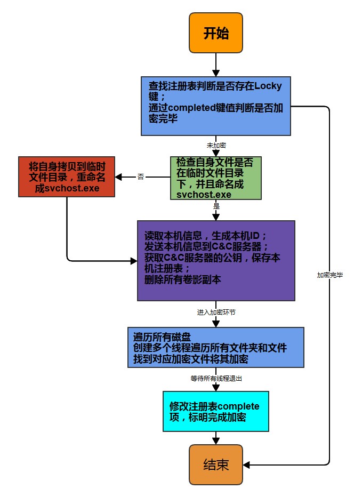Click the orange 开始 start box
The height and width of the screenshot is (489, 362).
216,33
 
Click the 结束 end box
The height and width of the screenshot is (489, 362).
216,464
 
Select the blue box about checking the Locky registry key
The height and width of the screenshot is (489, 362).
216,105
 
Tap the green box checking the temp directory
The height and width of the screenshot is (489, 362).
216,178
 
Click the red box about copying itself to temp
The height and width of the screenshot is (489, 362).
67,177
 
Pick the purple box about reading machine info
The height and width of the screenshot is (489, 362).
216,260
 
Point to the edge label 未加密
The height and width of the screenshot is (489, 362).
216,145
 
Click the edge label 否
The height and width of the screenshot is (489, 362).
141,177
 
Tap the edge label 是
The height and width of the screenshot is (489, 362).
216,205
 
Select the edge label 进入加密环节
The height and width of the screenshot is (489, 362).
216,312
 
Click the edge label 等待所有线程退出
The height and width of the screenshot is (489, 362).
216,378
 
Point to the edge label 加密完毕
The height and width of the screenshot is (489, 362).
330,275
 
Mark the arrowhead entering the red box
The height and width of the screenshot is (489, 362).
119,177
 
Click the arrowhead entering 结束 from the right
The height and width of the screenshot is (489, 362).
247,465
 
